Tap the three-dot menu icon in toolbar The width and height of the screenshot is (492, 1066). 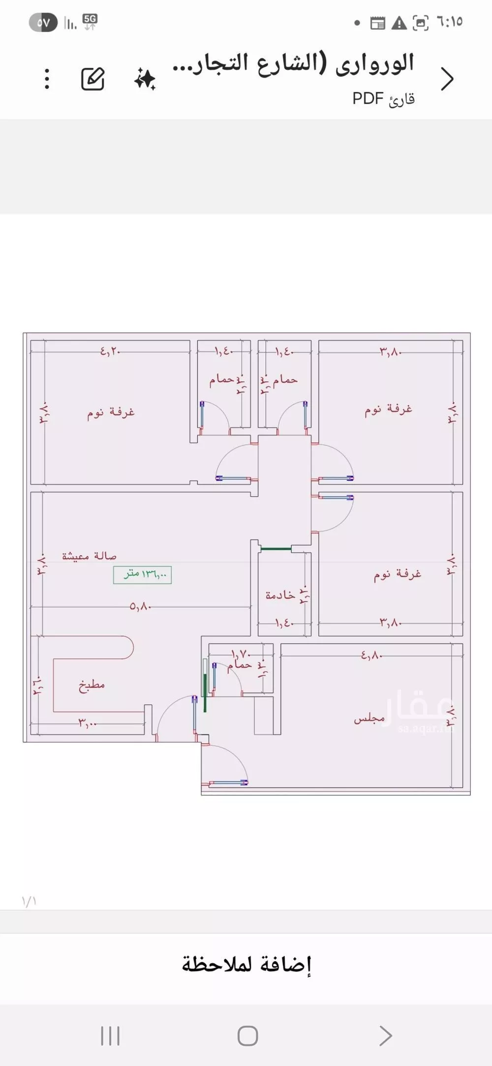coord(47,79)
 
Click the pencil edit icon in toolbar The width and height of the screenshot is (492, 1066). coord(93,79)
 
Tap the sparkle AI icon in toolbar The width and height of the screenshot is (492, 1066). coord(145,79)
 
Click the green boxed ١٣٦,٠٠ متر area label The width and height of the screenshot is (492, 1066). coord(142,574)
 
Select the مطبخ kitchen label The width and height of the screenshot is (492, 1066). coord(92,685)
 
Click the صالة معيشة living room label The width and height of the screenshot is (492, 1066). coord(89,556)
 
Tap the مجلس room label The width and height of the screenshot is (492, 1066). coord(369,719)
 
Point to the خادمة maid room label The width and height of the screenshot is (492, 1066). coord(280,595)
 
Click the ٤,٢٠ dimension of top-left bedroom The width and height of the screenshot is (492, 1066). coord(110,351)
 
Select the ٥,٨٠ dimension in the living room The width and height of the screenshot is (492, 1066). coord(140,607)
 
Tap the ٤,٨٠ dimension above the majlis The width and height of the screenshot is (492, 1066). coord(371,655)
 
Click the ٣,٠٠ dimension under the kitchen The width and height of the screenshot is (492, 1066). coord(87,723)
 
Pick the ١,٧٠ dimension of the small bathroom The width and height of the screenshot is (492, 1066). coord(241,654)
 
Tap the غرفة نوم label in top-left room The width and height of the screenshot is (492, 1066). coord(111,412)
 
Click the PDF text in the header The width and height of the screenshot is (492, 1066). coord(368,98)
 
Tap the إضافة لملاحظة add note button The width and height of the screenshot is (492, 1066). coord(246,965)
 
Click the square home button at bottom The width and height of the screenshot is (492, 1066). coord(247,1036)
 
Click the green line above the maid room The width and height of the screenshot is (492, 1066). coord(276,548)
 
